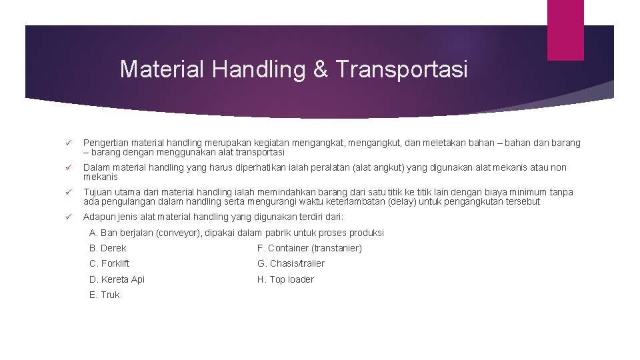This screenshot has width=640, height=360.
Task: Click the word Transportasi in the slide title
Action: pyautogui.click(x=402, y=69)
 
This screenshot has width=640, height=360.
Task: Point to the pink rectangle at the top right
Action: pyautogui.click(x=565, y=29)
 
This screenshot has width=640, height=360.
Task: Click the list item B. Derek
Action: pyautogui.click(x=107, y=248)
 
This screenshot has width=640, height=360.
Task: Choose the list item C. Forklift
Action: pyautogui.click(x=109, y=263)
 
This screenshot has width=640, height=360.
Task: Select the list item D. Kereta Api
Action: pyautogui.click(x=117, y=279)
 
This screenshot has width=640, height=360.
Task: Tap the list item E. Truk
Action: pyautogui.click(x=104, y=295)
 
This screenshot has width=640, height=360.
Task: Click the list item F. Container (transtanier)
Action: pyautogui.click(x=309, y=248)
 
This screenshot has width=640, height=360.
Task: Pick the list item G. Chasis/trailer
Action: pyautogui.click(x=291, y=263)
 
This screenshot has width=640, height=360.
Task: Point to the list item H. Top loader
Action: pyautogui.click(x=285, y=279)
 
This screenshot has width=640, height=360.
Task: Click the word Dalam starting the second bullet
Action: pyautogui.click(x=96, y=167)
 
